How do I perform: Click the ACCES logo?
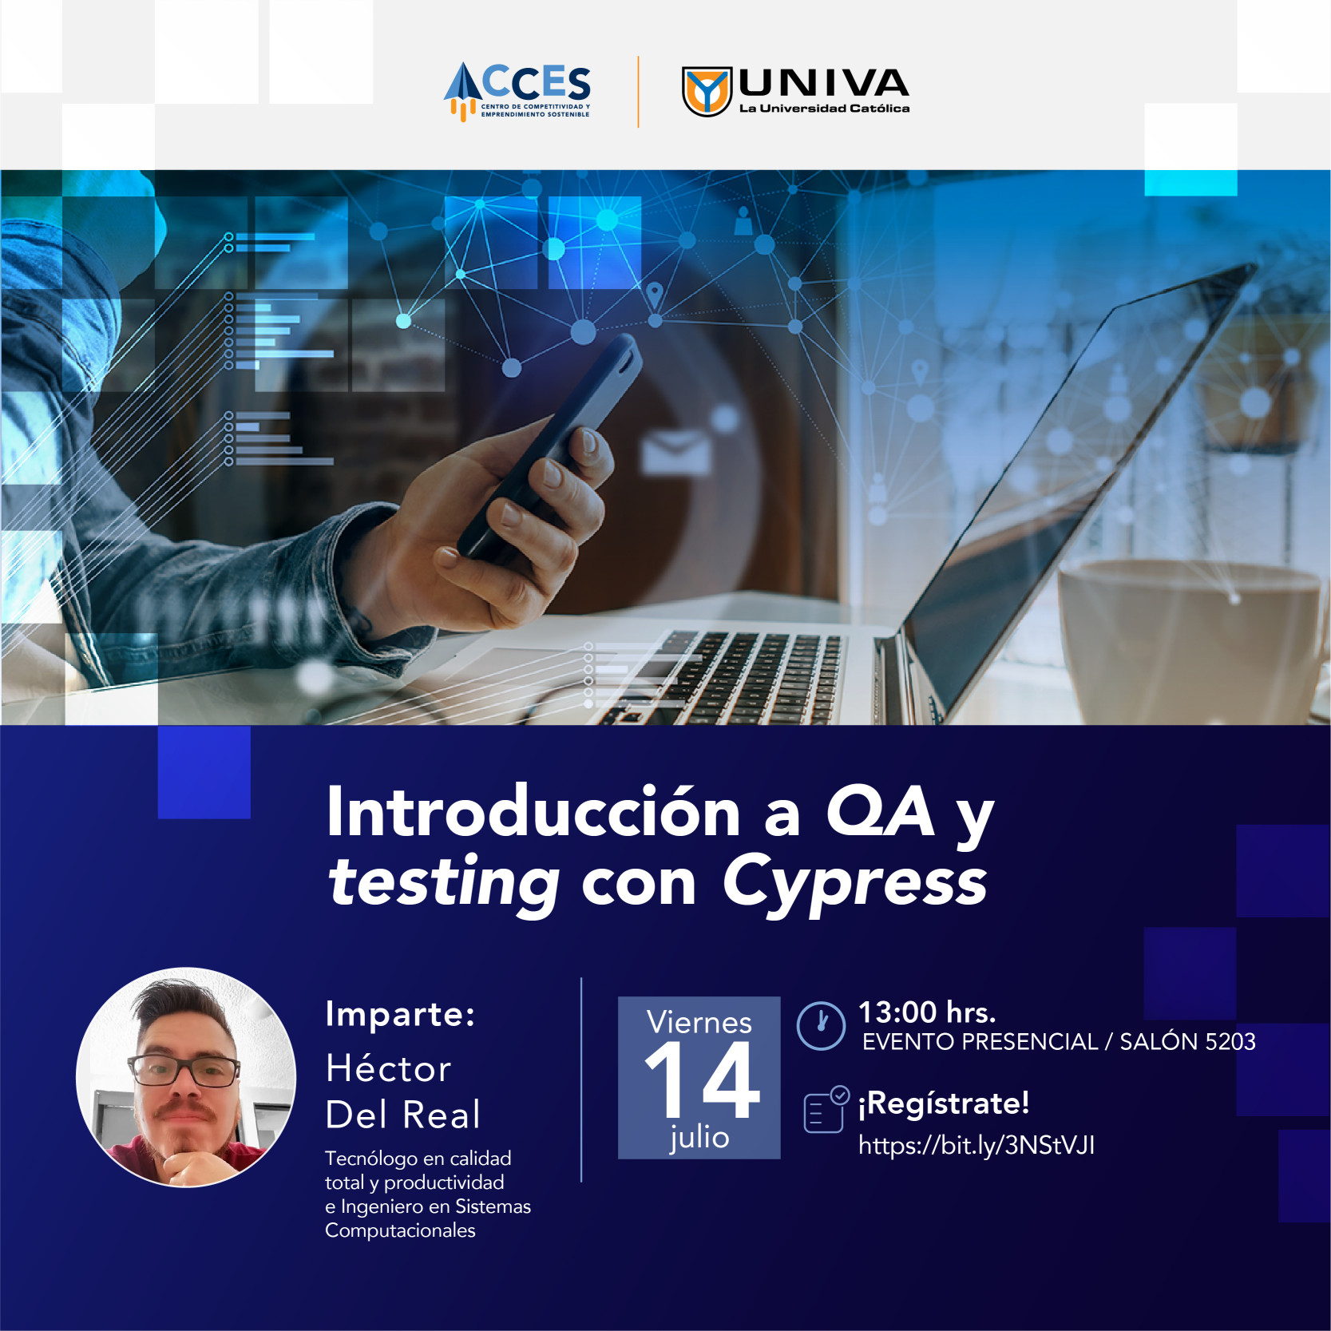pos(517,91)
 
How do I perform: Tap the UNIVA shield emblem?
pos(707,91)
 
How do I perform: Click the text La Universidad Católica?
pos(824,109)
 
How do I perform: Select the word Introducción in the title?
pos(533,812)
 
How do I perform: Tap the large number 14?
pos(702,1080)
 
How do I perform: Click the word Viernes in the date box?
pos(699,1022)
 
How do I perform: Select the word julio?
pos(699,1137)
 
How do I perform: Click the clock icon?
pos(821,1025)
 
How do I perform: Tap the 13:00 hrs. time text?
pos(927,1012)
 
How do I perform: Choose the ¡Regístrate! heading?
pos(944,1103)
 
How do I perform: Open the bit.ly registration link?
pos(976,1146)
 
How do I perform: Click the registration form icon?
pos(826,1110)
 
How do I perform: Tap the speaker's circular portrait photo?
pos(186,1077)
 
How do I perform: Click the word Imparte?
pos(400,1015)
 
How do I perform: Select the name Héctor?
pos(389,1068)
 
